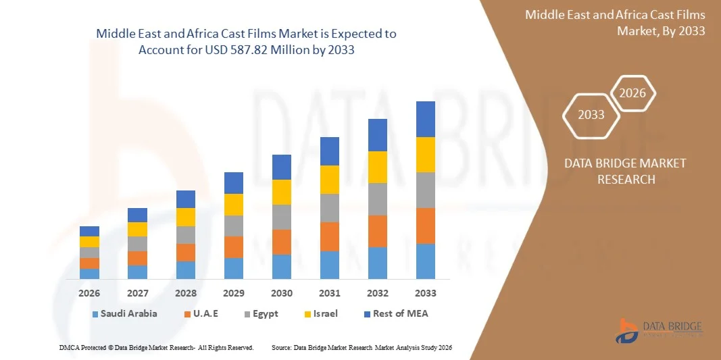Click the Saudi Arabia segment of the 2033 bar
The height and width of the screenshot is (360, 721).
pos(426,261)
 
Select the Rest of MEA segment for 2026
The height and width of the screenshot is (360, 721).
pos(89,231)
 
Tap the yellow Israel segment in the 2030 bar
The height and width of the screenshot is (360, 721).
pos(282,192)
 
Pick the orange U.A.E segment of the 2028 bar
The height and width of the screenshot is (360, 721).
pos(186,253)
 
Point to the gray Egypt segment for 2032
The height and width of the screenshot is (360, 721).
pos(378,199)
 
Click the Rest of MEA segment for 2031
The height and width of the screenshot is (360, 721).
pos(330,151)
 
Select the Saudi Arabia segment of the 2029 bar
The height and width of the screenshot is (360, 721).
pos(234,268)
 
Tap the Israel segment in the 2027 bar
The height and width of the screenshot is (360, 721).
pos(137,230)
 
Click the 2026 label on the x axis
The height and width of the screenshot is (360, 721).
pos(89,293)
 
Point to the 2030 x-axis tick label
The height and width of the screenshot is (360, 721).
pos(282,293)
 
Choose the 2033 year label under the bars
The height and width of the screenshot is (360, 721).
pos(426,293)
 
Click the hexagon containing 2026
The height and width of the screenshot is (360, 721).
pos(633,94)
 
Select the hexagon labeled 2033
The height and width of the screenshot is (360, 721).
pos(591,114)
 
